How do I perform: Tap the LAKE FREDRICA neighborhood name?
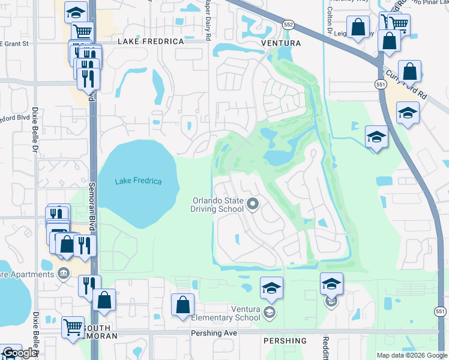150,41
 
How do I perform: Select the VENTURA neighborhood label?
280,43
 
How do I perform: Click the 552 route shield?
288,24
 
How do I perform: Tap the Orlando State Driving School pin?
253,205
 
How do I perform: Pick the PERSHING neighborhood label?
285,341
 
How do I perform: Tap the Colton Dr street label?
330,12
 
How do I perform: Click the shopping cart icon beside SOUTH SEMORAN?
73,328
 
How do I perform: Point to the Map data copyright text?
411,355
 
